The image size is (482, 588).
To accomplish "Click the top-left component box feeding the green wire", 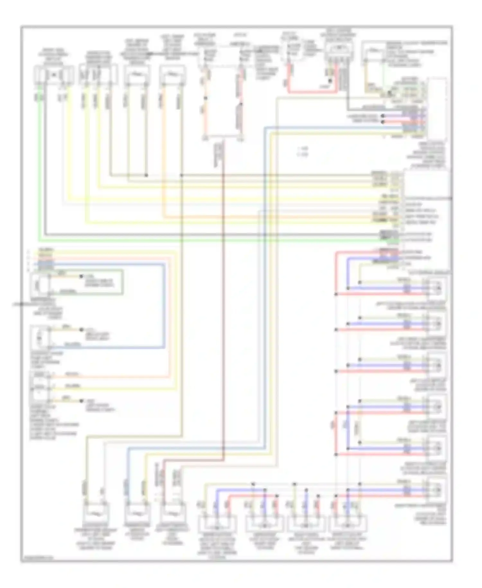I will (54, 75).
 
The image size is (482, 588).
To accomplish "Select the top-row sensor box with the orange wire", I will (173, 75).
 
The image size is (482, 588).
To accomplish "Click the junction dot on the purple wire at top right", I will (382, 116).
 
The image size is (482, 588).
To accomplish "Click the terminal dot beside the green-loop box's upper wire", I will (81, 276).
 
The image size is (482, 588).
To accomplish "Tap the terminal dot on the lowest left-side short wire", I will (81, 401).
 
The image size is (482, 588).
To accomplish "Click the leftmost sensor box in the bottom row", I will (96, 514).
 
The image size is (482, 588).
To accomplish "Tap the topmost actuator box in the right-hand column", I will (436, 287).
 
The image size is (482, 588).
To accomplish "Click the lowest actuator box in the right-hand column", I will (436, 490).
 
